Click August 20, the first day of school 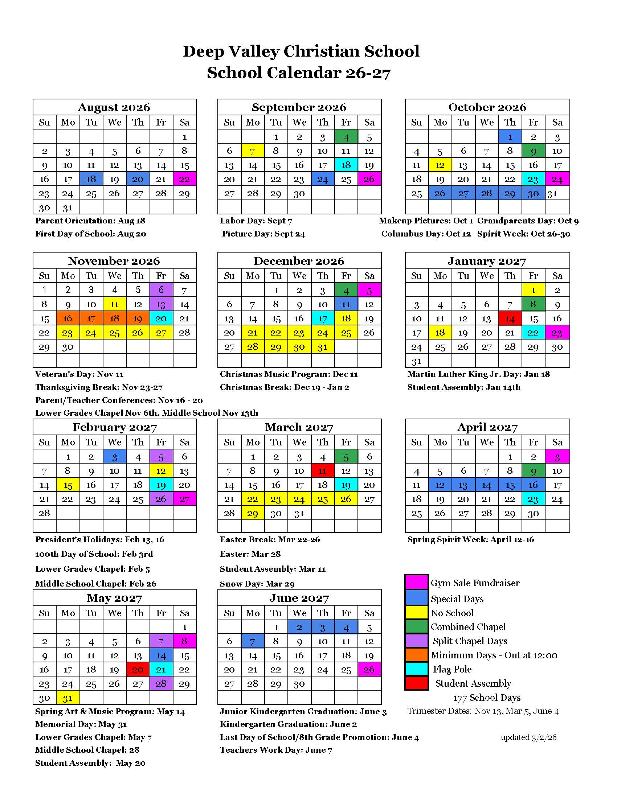(x=138, y=179)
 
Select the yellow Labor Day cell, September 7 (x=253, y=151)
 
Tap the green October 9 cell (x=533, y=151)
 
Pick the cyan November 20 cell (x=161, y=318)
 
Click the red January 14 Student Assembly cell (x=510, y=318)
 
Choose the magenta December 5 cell (x=369, y=290)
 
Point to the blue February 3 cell (x=114, y=456)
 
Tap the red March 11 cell (x=322, y=470)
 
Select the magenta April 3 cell (x=557, y=456)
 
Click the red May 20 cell (x=138, y=669)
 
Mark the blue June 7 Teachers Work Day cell (x=253, y=641)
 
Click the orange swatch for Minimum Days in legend (x=416, y=655)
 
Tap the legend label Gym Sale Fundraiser (x=475, y=583)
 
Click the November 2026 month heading (x=114, y=261)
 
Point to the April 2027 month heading (x=487, y=427)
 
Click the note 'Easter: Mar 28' (x=250, y=554)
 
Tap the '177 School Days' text (x=487, y=698)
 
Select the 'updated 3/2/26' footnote (x=528, y=737)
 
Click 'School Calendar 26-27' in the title (x=299, y=73)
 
